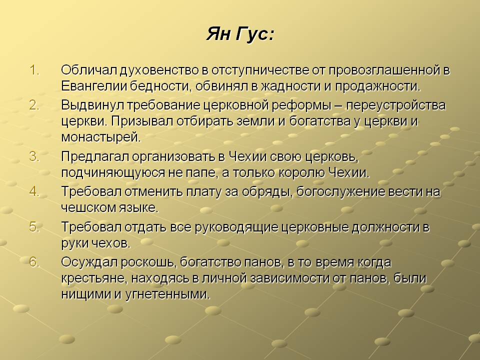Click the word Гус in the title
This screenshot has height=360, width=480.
(x=254, y=34)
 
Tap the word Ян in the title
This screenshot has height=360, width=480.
(x=218, y=33)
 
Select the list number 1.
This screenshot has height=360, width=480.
(x=34, y=70)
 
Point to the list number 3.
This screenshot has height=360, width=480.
(x=34, y=156)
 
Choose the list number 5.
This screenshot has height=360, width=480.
(x=34, y=227)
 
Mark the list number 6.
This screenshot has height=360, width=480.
(x=34, y=262)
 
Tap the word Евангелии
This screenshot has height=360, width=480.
(x=94, y=86)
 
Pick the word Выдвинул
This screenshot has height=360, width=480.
(x=93, y=105)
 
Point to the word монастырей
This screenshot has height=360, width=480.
(x=101, y=137)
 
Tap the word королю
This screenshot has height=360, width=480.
(x=301, y=173)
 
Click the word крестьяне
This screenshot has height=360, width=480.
(x=94, y=278)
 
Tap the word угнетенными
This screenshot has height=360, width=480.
(x=168, y=294)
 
